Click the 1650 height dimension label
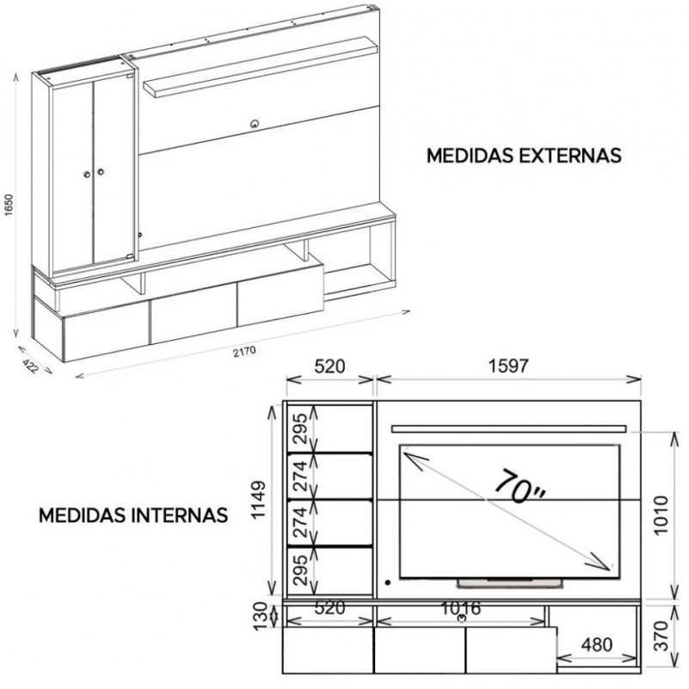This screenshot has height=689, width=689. pyautogui.click(x=9, y=206)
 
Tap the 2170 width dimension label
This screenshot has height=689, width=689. pyautogui.click(x=245, y=352)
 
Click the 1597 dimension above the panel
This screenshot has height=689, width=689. pyautogui.click(x=508, y=366)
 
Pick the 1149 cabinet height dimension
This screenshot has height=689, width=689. pyautogui.click(x=259, y=500)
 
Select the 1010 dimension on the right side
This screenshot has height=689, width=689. pyautogui.click(x=661, y=515)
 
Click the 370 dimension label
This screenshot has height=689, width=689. pyautogui.click(x=661, y=636)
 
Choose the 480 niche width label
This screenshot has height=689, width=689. pyautogui.click(x=597, y=644)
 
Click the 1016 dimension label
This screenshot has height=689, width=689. pyautogui.click(x=460, y=608)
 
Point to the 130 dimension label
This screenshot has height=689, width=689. pyautogui.click(x=261, y=616)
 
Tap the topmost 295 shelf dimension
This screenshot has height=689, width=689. pyautogui.click(x=299, y=428)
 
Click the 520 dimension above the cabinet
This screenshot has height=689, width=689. pyautogui.click(x=329, y=366)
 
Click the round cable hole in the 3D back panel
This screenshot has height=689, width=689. pyautogui.click(x=255, y=124)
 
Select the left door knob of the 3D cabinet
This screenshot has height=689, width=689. pyautogui.click(x=87, y=175)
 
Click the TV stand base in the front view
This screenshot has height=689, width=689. pyautogui.click(x=510, y=583)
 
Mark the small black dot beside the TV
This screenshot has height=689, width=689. pyautogui.click(x=388, y=582)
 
